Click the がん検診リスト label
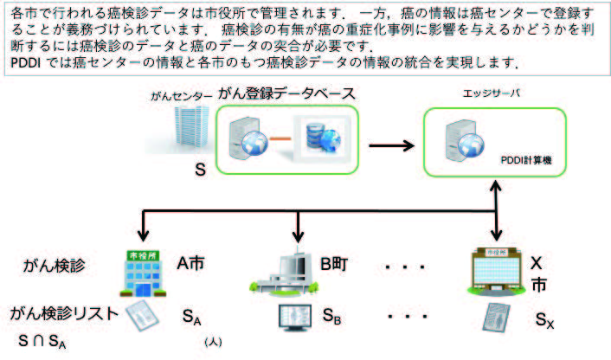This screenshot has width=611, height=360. click(62, 313)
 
